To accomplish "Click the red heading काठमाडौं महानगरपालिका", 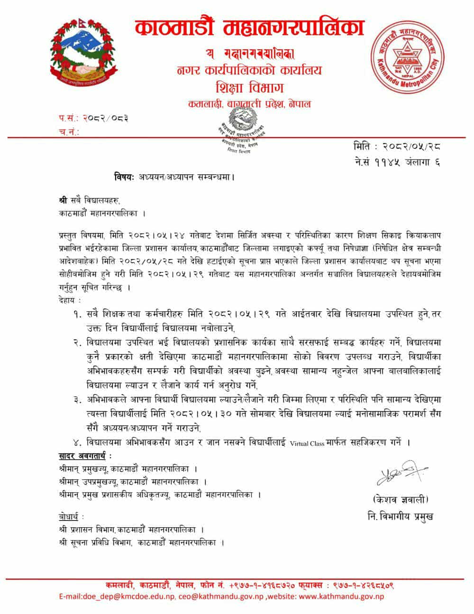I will (x=249, y=28).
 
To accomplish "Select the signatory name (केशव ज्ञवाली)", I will (x=400, y=499).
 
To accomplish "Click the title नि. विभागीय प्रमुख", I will (x=400, y=516).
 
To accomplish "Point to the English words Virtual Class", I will (x=308, y=443).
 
